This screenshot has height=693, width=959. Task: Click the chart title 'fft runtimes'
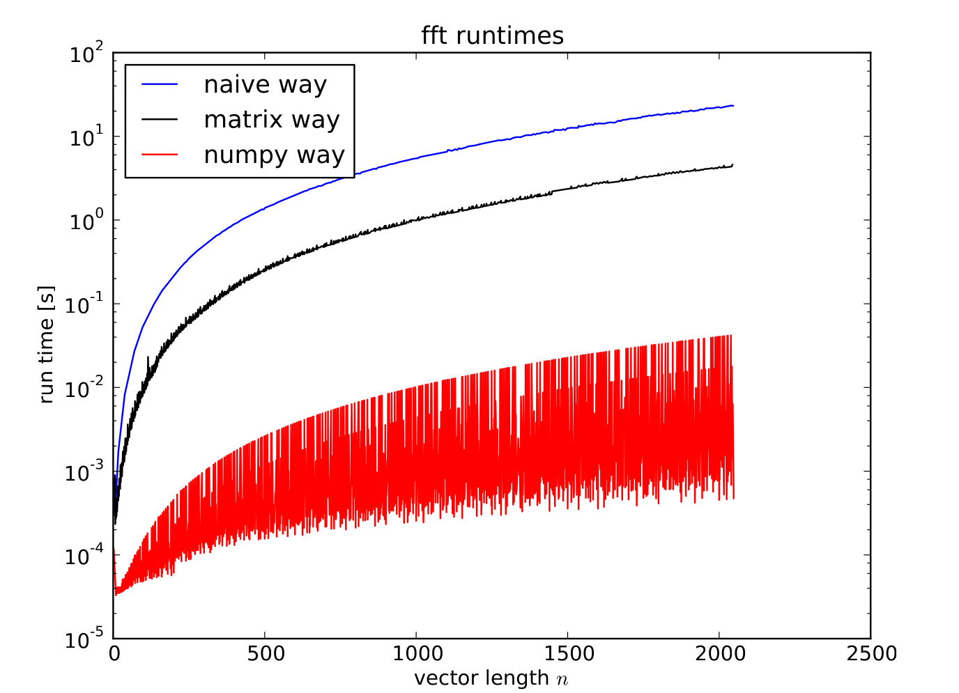pos(492,36)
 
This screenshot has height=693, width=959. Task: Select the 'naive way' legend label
pos(265,85)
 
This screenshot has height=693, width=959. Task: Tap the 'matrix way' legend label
pos(271,120)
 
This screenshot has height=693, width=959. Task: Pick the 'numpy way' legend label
pos(274,155)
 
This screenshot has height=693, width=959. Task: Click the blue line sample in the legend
pos(160,85)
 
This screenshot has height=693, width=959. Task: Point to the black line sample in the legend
pos(160,120)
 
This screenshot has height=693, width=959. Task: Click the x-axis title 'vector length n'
pos(491,678)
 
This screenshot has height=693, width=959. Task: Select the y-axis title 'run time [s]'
pos(47,345)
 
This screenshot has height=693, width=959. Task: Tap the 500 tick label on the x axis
pos(265,654)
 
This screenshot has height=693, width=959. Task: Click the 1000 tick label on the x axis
pos(416,654)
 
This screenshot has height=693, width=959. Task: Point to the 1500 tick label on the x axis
pos(567,654)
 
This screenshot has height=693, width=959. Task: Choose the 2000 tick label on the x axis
pos(719,654)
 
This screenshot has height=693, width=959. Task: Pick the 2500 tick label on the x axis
pos(870,654)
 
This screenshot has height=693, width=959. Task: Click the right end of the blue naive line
pos(732,106)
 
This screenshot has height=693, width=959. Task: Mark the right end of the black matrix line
pos(732,165)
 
